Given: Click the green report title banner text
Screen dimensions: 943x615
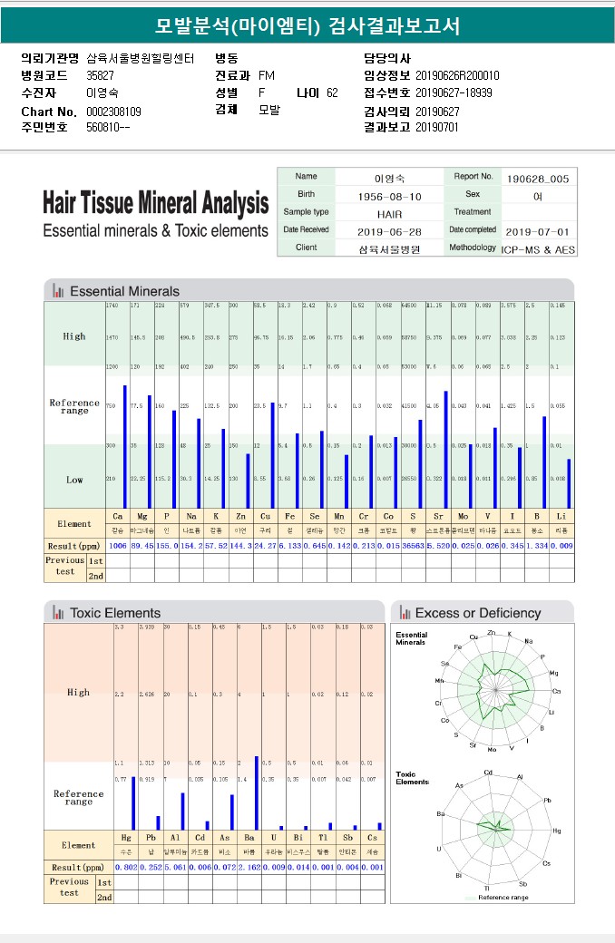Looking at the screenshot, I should coord(307,24).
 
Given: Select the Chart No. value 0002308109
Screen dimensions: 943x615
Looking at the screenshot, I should coord(113,112).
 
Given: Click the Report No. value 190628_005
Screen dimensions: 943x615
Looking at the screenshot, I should coord(538,179).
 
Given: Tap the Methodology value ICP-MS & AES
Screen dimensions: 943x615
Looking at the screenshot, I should coord(538,248).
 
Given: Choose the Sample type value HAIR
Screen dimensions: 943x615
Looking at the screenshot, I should coord(390,213).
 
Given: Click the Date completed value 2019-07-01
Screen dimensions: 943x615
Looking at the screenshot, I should coord(538,231).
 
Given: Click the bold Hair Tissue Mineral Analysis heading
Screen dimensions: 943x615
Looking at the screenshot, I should coord(155,202).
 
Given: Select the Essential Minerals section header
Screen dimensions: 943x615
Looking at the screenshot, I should coord(124,291).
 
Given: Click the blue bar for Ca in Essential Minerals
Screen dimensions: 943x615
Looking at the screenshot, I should coord(125,446).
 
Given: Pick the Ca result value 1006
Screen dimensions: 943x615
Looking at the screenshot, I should coord(118,546).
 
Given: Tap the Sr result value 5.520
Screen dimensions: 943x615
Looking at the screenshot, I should coord(438,546).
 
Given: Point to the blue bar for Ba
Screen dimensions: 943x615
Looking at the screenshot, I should coord(257,792).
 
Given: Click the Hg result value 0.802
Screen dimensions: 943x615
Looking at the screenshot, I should coord(126,868).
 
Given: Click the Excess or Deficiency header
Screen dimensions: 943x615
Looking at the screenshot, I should coord(477,613).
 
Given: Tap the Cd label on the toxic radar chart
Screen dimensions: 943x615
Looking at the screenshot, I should coord(488,772).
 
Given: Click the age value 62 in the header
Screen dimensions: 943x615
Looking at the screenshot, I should coord(332,92).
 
